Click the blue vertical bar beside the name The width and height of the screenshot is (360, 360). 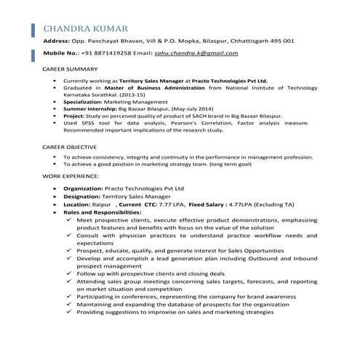click(36, 29)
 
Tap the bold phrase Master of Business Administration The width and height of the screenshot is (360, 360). click(152, 87)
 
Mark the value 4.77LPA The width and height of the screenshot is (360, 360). click(246, 205)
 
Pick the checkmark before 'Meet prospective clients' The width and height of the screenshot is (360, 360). click(68, 220)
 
